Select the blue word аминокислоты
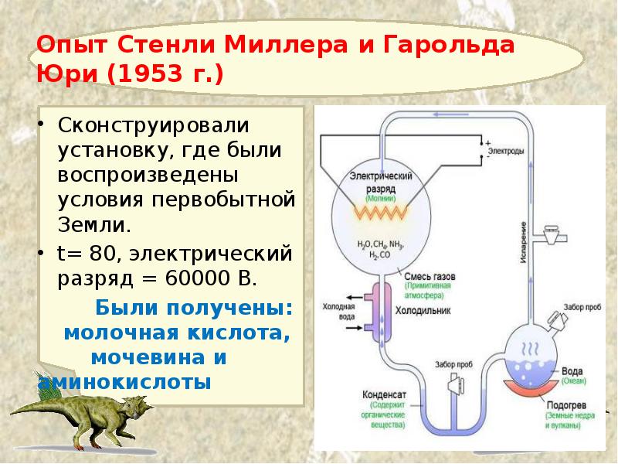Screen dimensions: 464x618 click(124, 382)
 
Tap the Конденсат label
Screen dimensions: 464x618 click(383, 394)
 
